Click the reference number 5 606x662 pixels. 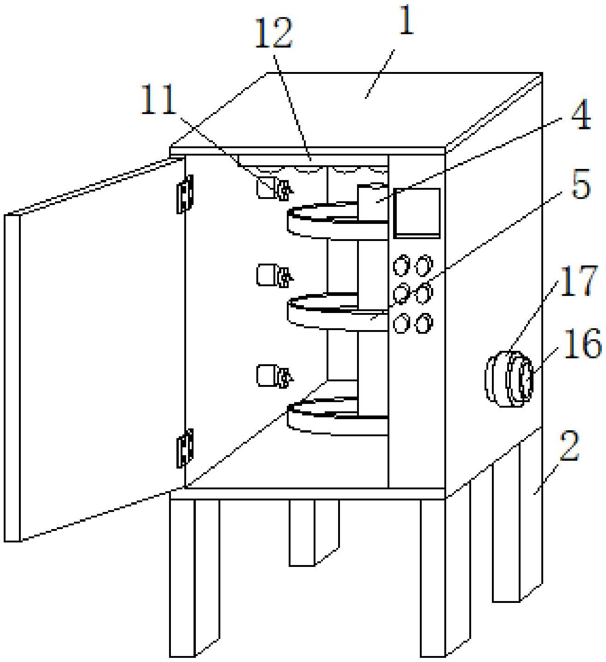pos(581,184)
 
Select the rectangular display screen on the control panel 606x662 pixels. pos(416,212)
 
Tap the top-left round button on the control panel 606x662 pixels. pos(401,266)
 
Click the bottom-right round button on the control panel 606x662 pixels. pos(423,323)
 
